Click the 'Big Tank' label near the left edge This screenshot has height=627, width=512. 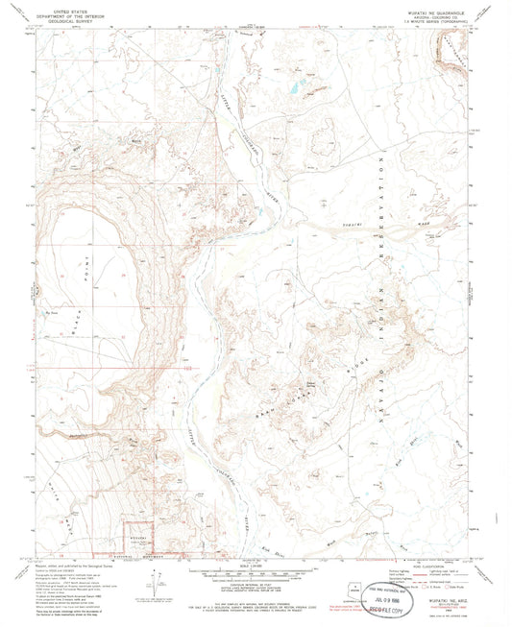(x=41, y=312)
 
